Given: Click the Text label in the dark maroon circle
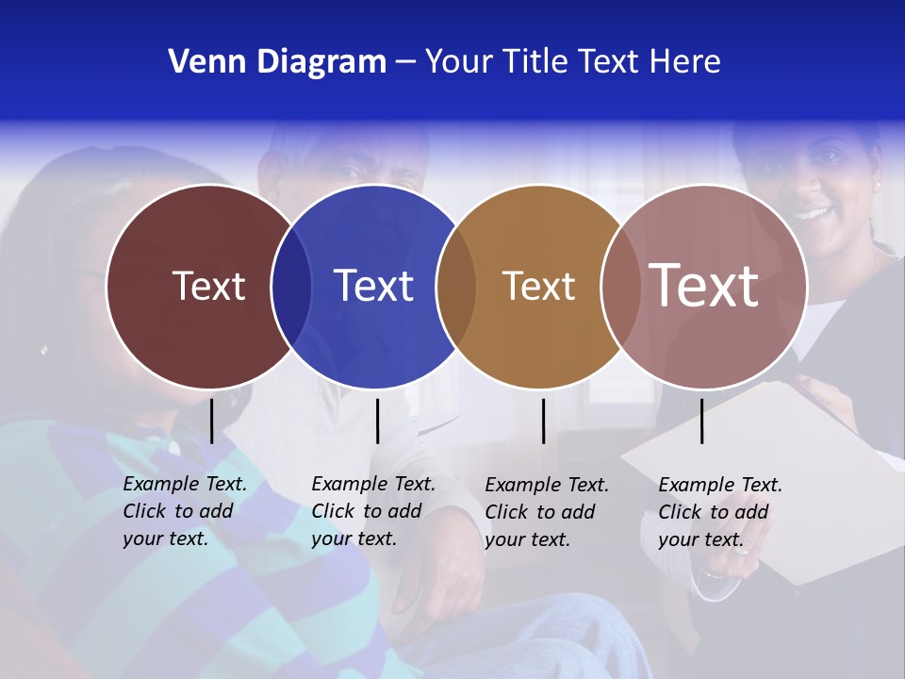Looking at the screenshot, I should (208, 286).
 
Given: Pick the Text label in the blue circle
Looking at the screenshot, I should (373, 286).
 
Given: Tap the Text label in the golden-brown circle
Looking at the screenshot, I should (538, 286).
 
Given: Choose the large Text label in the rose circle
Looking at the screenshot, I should (704, 286).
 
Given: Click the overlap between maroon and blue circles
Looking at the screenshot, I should (291, 286).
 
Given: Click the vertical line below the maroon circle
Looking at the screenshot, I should (211, 421).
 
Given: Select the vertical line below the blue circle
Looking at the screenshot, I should (377, 421).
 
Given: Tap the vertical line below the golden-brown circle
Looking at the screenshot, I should (543, 421).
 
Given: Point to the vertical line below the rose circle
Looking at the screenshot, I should (701, 421).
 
